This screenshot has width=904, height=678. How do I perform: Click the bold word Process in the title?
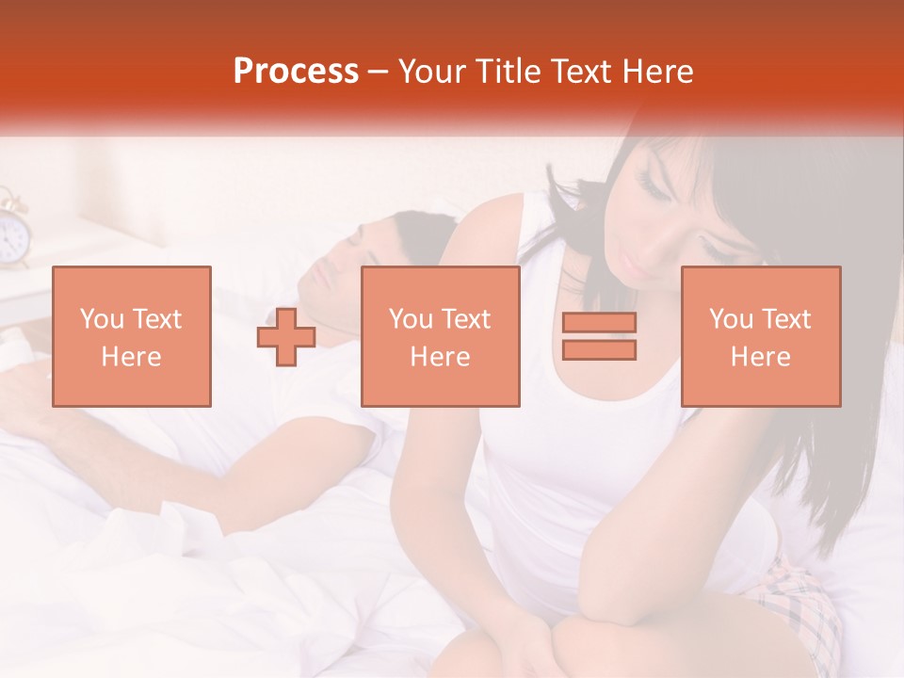(x=296, y=72)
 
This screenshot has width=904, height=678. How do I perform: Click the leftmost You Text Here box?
(x=132, y=336)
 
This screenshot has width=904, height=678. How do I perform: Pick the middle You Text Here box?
(x=441, y=336)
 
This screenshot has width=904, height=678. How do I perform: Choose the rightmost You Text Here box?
(x=761, y=336)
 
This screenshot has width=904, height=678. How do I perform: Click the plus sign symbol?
(x=286, y=337)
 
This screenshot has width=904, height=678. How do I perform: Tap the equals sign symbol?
(x=599, y=336)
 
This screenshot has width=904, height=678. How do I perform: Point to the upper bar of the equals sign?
(x=599, y=323)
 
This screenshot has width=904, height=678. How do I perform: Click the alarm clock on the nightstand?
(x=12, y=231)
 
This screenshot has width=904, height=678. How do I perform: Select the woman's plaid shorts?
(x=800, y=603)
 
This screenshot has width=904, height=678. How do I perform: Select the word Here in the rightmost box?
(x=761, y=357)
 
